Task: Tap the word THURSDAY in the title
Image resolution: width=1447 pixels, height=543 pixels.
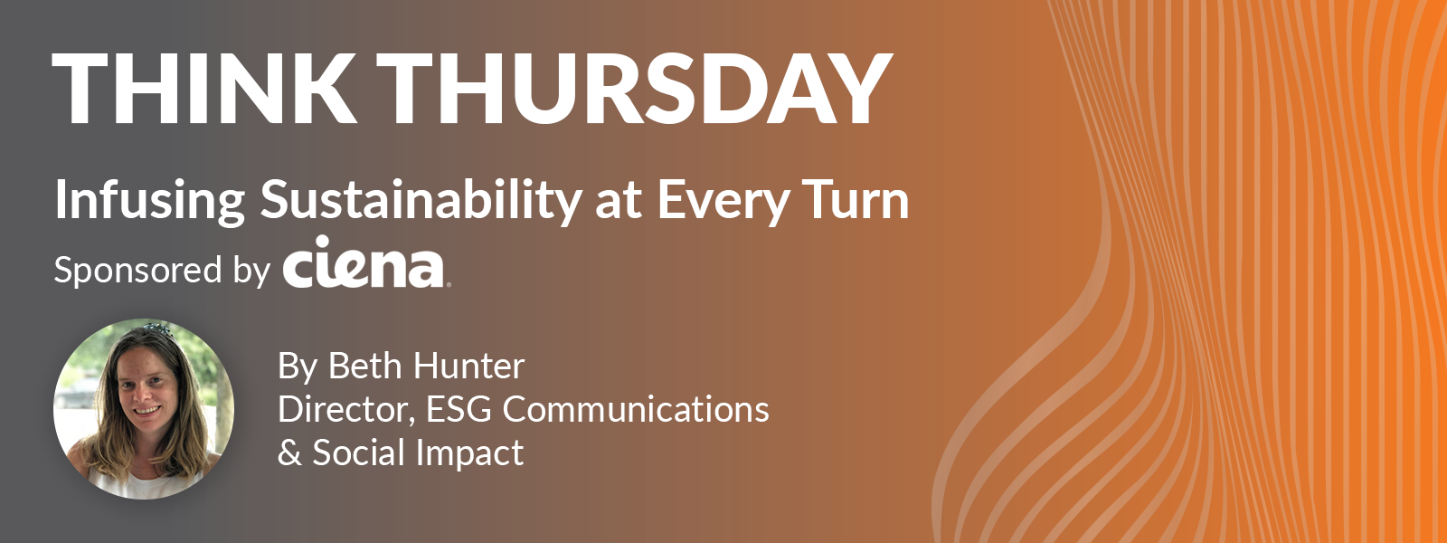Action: pyautogui.click(x=635, y=90)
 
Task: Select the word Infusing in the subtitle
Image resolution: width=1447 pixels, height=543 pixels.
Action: pyautogui.click(x=150, y=202)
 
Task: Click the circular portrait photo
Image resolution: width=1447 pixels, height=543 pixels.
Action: pyautogui.click(x=144, y=409)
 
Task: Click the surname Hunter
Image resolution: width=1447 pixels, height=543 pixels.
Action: pyautogui.click(x=469, y=366)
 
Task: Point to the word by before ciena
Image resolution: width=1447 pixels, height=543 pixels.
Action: pyautogui.click(x=251, y=272)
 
